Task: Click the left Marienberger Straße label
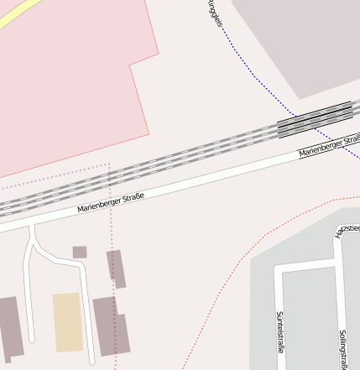point(110,202)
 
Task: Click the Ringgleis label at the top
point(214,13)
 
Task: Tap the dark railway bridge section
point(314,119)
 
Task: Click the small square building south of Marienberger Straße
point(80,252)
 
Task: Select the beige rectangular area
point(67,321)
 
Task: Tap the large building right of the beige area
point(111,326)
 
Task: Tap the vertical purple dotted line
point(110,210)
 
